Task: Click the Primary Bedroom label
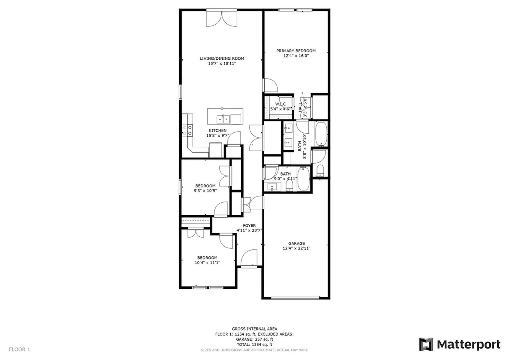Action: pos(296,51)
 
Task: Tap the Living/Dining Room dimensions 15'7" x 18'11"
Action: pos(222,64)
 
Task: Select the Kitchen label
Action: pos(218,130)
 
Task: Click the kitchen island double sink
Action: pos(223,119)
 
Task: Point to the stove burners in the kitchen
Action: pos(187,130)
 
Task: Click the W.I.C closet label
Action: pos(280,104)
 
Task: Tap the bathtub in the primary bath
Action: pos(321,134)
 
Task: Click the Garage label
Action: pos(296,243)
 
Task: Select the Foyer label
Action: pos(249,226)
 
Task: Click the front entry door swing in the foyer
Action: pos(250,257)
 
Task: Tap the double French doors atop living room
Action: pos(222,19)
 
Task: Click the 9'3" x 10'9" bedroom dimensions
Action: pos(205,191)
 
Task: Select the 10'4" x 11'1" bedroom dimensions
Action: pos(207,263)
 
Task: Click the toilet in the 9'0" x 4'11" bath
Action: pos(289,186)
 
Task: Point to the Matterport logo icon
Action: pos(426,344)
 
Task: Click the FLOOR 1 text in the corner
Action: pos(19,349)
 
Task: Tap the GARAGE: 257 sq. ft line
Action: pos(254,339)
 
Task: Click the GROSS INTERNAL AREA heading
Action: pos(254,329)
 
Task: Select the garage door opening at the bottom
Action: pos(295,298)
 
